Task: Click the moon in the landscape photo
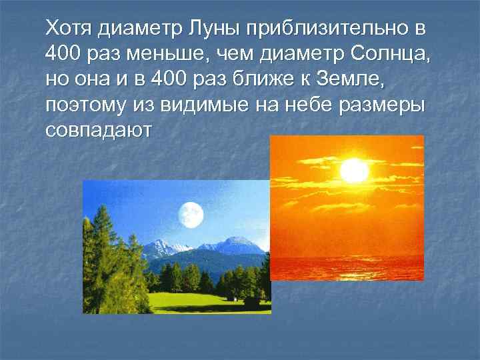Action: pyautogui.click(x=190, y=214)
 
